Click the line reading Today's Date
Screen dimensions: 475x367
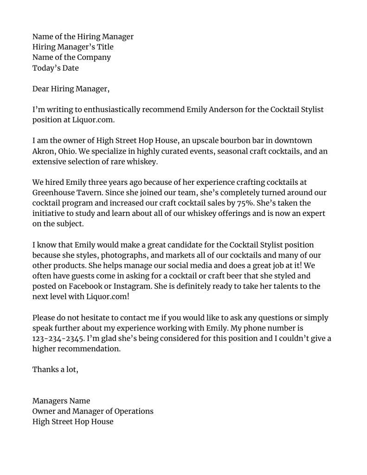56,68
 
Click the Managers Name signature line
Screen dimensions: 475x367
61,401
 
